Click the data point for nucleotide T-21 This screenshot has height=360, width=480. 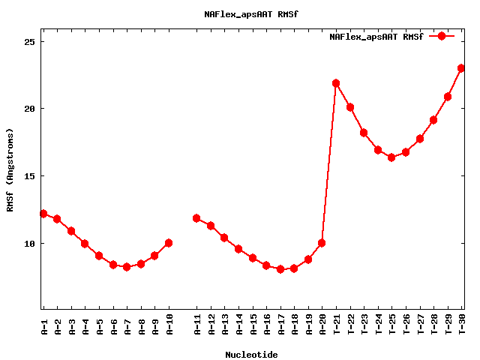tap(336, 83)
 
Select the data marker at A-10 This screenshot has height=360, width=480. tap(169, 243)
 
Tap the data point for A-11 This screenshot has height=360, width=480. tap(196, 218)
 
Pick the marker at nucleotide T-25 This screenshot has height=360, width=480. tap(391, 157)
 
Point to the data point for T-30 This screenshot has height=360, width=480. tap(461, 68)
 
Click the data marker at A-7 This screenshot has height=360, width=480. tap(127, 267)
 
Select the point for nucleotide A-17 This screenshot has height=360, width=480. tap(280, 269)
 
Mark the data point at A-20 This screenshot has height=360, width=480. tap(322, 243)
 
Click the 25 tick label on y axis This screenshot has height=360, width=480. tap(31, 41)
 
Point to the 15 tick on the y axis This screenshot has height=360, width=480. tap(31, 176)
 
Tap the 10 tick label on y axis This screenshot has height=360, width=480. tap(31, 244)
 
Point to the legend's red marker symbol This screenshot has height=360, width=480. tap(442, 36)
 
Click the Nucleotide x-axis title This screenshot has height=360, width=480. tap(251, 355)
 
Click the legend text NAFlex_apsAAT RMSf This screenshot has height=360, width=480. tap(376, 37)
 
